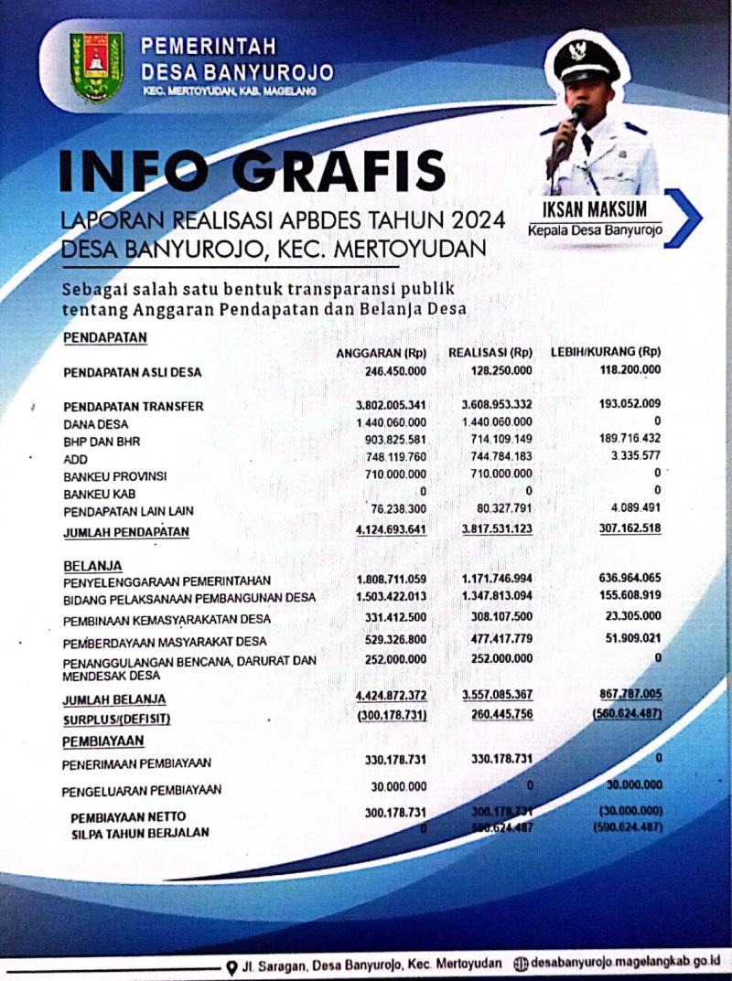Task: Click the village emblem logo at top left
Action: click(x=97, y=68)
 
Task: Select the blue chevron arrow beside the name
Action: click(x=684, y=218)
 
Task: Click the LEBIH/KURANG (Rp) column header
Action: click(x=605, y=353)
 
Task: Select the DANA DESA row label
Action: click(x=96, y=425)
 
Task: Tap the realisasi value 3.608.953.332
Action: click(x=490, y=405)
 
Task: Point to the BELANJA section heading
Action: click(x=92, y=565)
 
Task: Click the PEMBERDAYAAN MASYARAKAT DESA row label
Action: click(x=165, y=641)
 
